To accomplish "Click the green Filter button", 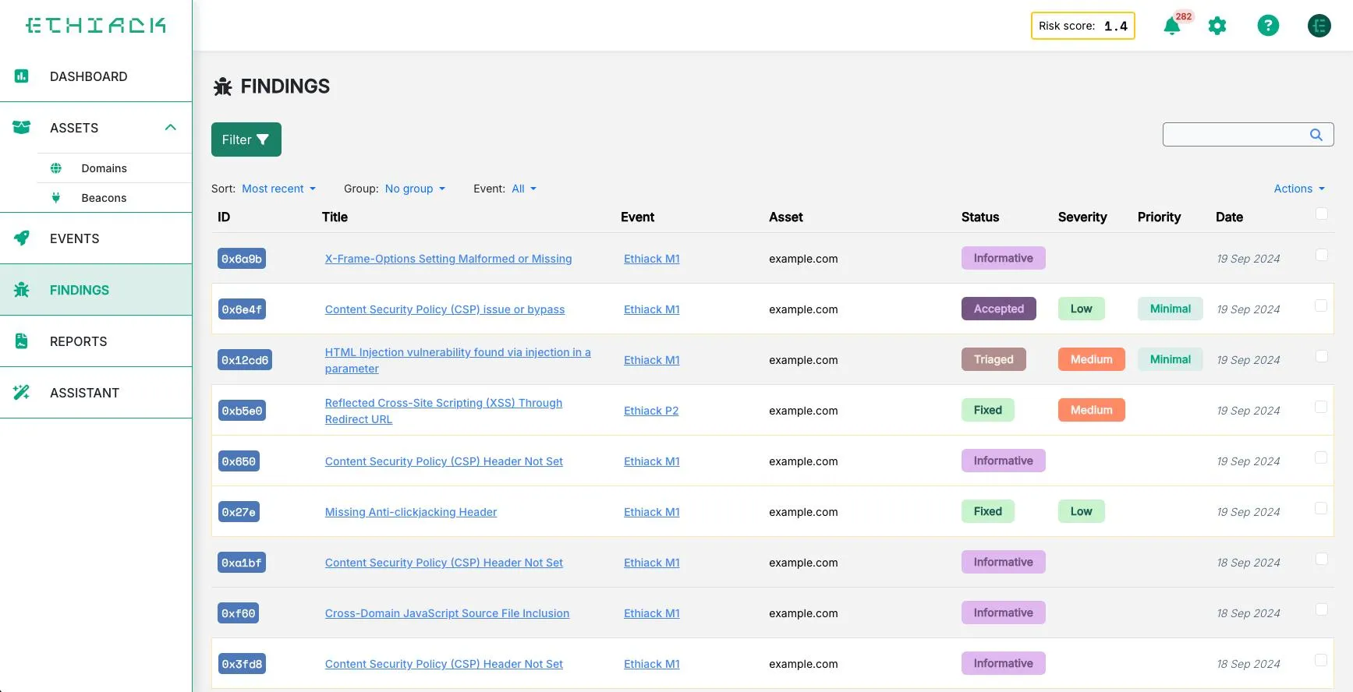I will pyautogui.click(x=246, y=139).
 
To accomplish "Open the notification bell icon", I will pyautogui.click(x=1171, y=26).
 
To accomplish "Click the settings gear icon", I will pyautogui.click(x=1217, y=26).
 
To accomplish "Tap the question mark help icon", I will pyautogui.click(x=1268, y=26).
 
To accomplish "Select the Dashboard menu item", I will pyautogui.click(x=88, y=76).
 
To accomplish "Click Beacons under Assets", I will pyautogui.click(x=104, y=198).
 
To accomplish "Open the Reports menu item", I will pyautogui.click(x=78, y=341).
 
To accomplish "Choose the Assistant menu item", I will pyautogui.click(x=84, y=393).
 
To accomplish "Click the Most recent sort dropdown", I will pyautogui.click(x=278, y=189).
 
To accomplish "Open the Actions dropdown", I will pyautogui.click(x=1298, y=189).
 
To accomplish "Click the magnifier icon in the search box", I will pyautogui.click(x=1316, y=135).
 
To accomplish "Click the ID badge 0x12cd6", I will pyautogui.click(x=245, y=360).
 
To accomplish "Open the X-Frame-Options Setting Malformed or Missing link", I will pyautogui.click(x=448, y=259).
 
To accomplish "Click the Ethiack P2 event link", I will pyautogui.click(x=651, y=411).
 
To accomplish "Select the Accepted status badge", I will pyautogui.click(x=998, y=309).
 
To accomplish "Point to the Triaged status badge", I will pyautogui.click(x=993, y=359).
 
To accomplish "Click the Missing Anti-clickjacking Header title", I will pyautogui.click(x=411, y=512).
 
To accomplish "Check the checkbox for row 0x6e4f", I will pyautogui.click(x=1321, y=305).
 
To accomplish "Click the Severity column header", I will pyautogui.click(x=1082, y=217).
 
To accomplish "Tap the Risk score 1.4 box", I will pyautogui.click(x=1082, y=26).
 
